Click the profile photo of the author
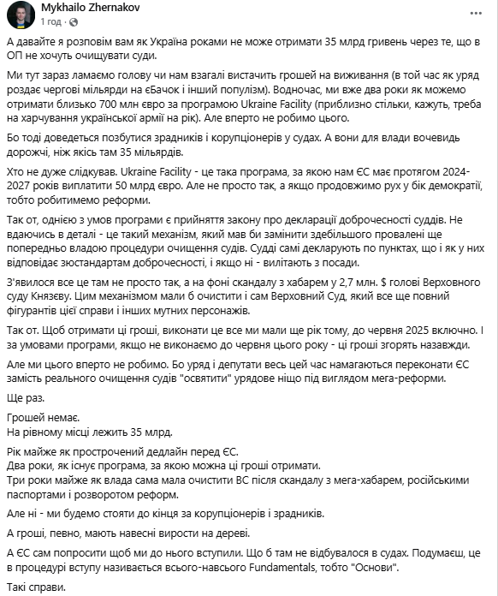tap(21, 15)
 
